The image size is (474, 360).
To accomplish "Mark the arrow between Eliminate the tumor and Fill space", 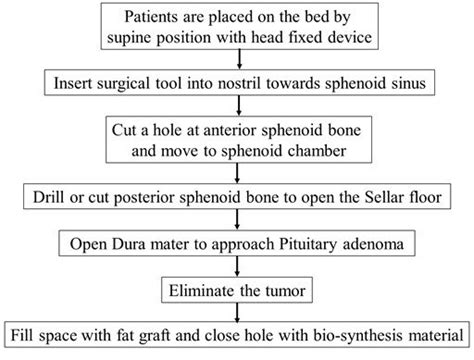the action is pos(237,312).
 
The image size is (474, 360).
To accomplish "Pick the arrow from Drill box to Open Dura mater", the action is pos(237,218).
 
